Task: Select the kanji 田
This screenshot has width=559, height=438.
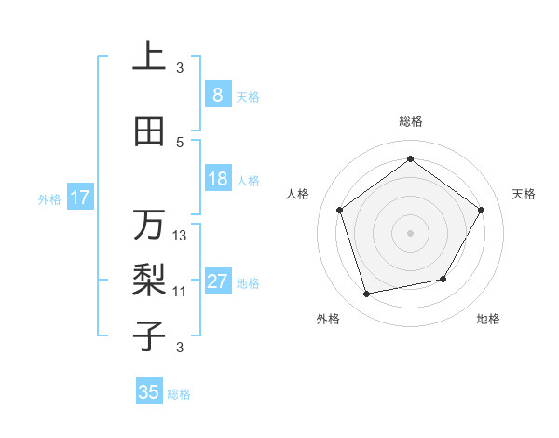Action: (149, 132)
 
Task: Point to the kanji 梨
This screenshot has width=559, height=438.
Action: (149, 279)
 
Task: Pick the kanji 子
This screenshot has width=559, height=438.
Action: (149, 333)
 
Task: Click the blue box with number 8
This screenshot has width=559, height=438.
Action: (217, 95)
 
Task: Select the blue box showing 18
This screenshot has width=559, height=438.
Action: (217, 179)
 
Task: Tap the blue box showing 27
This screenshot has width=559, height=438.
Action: (217, 282)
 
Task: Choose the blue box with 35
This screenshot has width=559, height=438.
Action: (149, 392)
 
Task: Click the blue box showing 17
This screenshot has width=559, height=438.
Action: (79, 198)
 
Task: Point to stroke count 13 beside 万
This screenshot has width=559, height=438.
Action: (180, 236)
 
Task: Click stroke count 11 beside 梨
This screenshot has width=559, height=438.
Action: (180, 292)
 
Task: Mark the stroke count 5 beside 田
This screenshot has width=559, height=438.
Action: (180, 142)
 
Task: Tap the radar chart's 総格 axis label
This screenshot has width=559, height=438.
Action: (410, 122)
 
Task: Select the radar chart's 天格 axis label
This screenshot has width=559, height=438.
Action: (524, 194)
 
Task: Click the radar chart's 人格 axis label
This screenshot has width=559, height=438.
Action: (298, 194)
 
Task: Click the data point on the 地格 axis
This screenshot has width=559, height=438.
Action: (443, 279)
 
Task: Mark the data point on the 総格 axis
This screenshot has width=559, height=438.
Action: (410, 159)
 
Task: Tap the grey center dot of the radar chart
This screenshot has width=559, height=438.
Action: (410, 232)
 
